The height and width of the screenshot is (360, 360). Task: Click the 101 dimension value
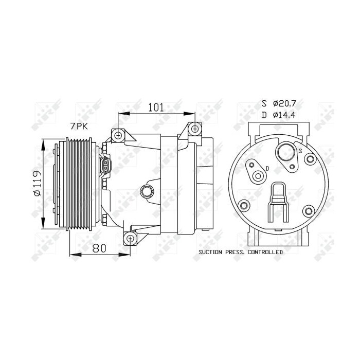tap(155, 107)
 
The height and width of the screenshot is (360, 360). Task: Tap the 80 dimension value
tap(99, 248)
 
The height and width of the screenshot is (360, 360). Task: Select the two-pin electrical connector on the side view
tap(105, 166)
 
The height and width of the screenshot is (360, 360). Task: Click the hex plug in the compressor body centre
tap(147, 191)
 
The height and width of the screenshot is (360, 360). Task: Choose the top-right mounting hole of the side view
tap(194, 128)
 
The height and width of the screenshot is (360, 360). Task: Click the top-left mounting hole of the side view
tap(119, 135)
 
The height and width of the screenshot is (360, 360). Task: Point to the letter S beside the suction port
tap(300, 150)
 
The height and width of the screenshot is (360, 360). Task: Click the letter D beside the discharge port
tap(267, 168)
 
